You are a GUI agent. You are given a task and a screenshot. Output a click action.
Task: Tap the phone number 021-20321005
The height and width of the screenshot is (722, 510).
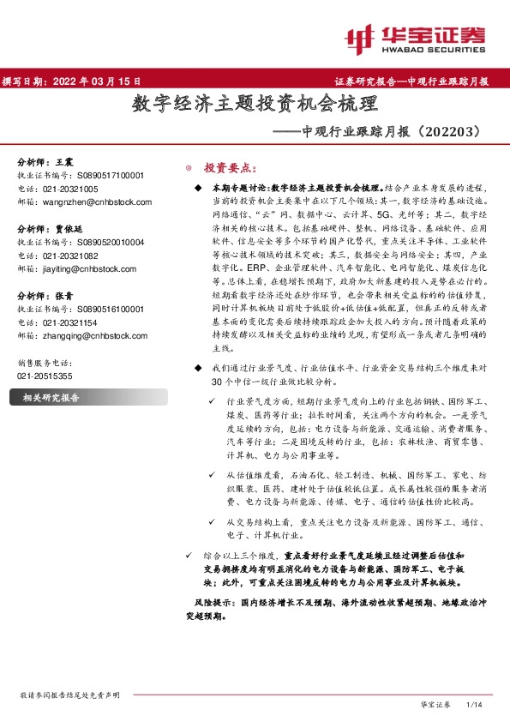(x=69, y=188)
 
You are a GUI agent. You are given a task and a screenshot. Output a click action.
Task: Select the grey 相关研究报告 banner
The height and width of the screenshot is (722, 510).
(x=85, y=397)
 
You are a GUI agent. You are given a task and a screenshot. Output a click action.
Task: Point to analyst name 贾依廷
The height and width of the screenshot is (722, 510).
(x=69, y=229)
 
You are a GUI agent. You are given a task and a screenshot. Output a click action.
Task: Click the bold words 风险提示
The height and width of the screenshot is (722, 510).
(x=212, y=603)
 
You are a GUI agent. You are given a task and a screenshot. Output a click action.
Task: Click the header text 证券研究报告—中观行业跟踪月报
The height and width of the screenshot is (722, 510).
(x=411, y=81)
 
